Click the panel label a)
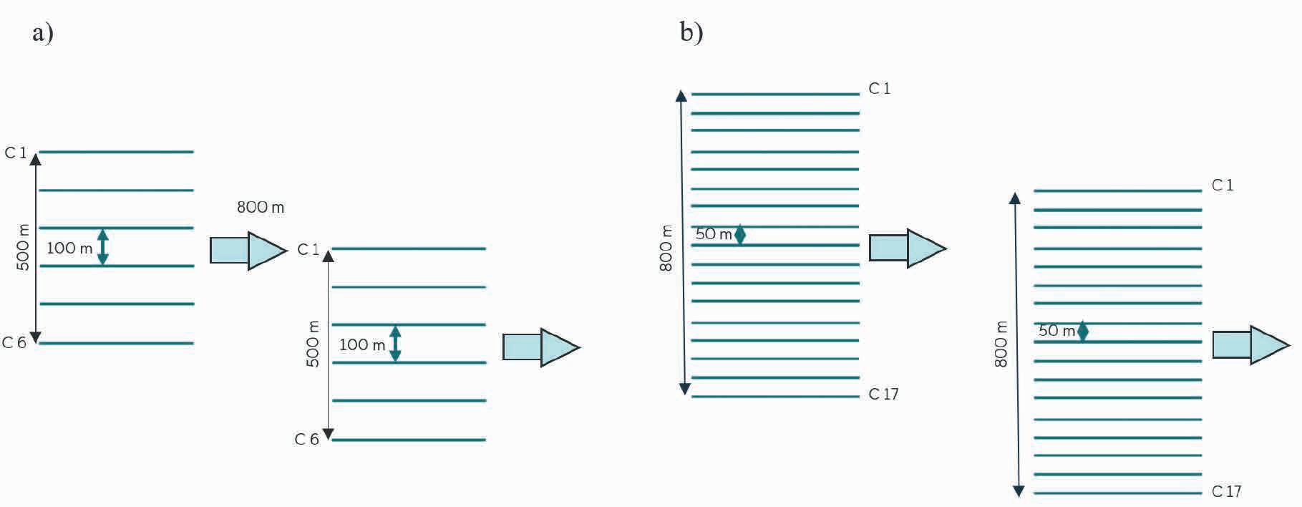[x=42, y=32]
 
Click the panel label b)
[x=691, y=32]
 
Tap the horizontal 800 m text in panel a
[x=261, y=208]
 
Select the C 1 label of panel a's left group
[x=15, y=153]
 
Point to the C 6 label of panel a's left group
[x=14, y=343]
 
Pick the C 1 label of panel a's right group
[x=308, y=250]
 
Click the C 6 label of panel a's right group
[x=306, y=440]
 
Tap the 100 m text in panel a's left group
[x=69, y=248]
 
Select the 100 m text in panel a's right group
[x=362, y=345]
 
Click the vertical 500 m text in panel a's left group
[x=23, y=247]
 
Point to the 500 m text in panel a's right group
[x=313, y=344]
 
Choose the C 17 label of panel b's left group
[x=883, y=395]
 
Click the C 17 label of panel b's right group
[x=1226, y=492]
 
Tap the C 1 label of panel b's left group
[x=879, y=89]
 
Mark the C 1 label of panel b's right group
[x=1222, y=185]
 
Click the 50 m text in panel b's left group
[x=714, y=234]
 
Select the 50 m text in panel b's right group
[x=1056, y=331]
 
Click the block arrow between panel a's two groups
[x=248, y=251]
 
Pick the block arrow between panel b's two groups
[x=907, y=248]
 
